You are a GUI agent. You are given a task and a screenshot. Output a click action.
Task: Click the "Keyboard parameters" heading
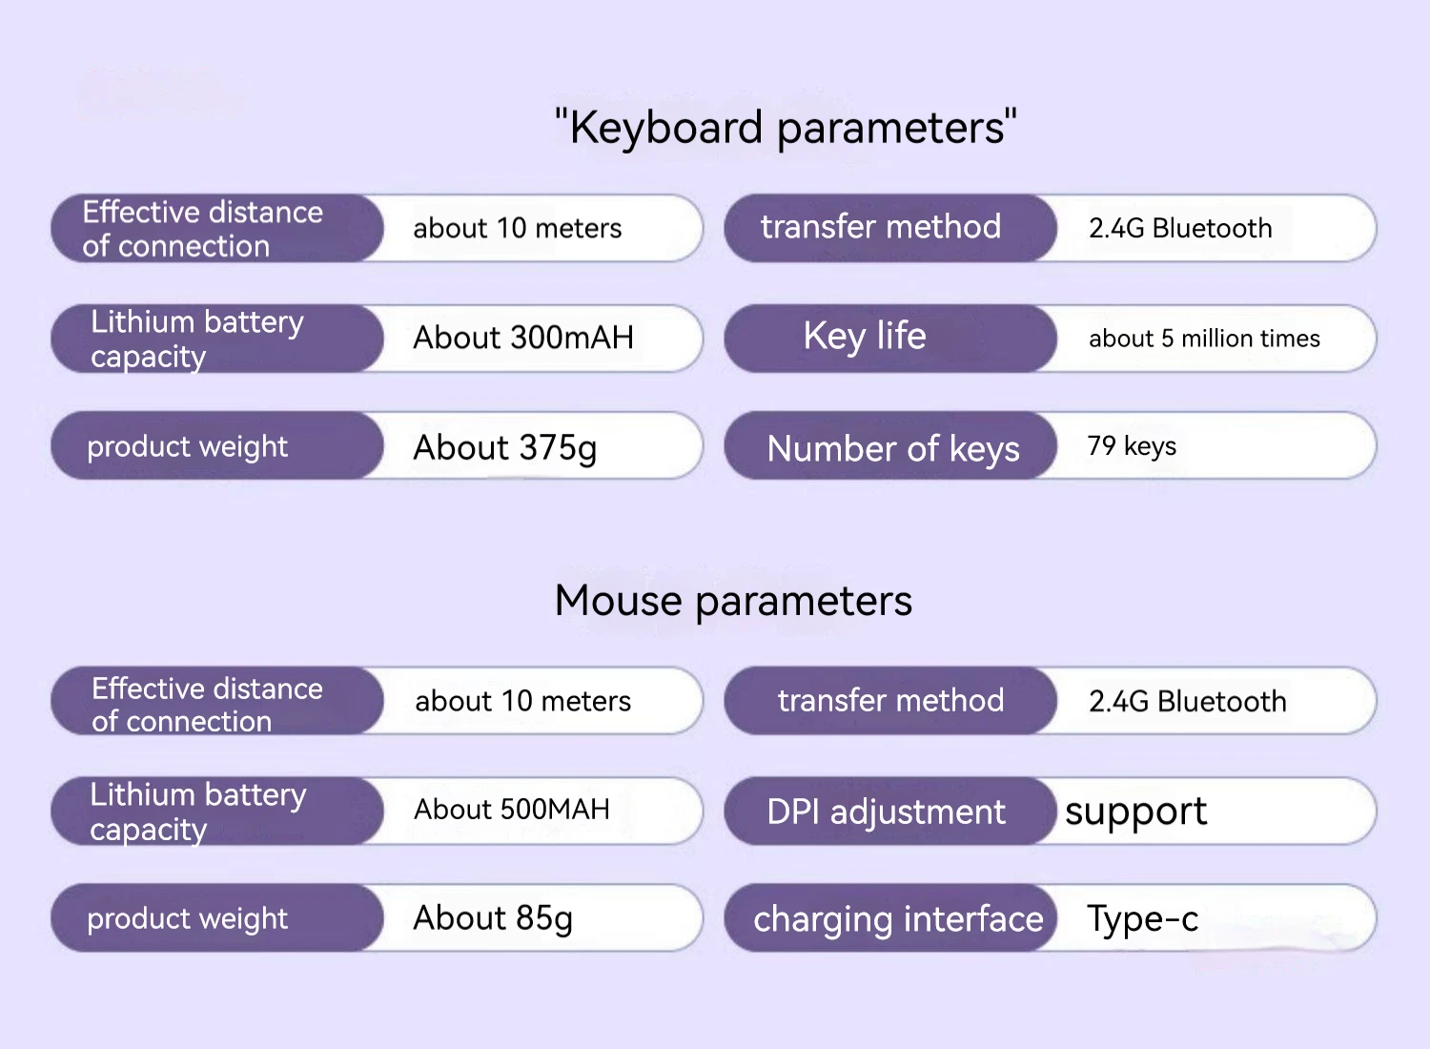(x=786, y=128)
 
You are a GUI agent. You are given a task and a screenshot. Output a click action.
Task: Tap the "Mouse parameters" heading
(x=733, y=601)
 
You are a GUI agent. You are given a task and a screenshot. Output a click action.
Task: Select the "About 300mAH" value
(x=523, y=338)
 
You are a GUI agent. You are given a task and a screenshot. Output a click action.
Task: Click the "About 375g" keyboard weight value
(x=505, y=447)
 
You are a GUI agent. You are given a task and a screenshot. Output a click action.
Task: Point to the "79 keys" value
(x=1132, y=446)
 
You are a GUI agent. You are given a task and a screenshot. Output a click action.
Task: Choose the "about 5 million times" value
(x=1204, y=339)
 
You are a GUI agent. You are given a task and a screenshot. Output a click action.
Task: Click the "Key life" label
(x=865, y=337)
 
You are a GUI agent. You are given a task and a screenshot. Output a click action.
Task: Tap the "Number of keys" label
(x=893, y=448)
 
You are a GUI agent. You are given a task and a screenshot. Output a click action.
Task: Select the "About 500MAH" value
(x=512, y=810)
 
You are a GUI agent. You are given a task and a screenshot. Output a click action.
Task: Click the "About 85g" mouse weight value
(x=493, y=918)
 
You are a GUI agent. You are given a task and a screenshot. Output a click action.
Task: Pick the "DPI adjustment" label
(x=886, y=812)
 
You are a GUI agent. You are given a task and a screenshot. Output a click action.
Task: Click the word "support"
(x=1135, y=812)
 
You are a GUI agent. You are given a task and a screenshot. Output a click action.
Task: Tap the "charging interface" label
(x=898, y=919)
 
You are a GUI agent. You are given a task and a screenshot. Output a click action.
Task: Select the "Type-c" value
(x=1142, y=919)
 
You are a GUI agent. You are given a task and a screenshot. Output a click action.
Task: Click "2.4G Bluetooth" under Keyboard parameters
(x=1180, y=229)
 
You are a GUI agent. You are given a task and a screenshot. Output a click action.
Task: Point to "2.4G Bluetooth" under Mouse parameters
(x=1187, y=702)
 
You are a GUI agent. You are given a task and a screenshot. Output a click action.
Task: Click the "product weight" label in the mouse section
(x=187, y=918)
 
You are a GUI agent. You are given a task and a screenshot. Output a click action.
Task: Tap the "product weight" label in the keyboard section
(x=187, y=446)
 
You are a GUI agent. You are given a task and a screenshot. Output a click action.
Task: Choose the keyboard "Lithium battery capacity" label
(x=196, y=339)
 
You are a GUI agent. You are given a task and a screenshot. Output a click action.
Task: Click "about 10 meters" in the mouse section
(x=522, y=702)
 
